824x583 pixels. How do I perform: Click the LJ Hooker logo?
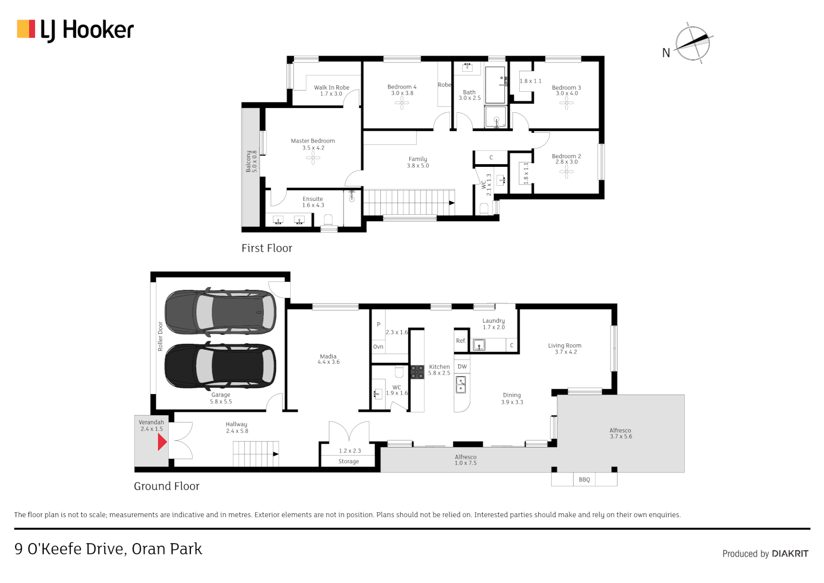pyautogui.click(x=75, y=30)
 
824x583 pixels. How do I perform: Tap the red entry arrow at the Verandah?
pyautogui.click(x=162, y=442)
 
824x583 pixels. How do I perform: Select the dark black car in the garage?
pyautogui.click(x=220, y=365)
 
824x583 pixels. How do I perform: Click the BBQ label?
pyautogui.click(x=584, y=479)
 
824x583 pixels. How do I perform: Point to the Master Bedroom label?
pyautogui.click(x=313, y=141)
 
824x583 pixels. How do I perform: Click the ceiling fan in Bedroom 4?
pyautogui.click(x=402, y=103)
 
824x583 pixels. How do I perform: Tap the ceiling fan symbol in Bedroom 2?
pyautogui.click(x=566, y=172)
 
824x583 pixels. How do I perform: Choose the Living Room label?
pyautogui.click(x=565, y=345)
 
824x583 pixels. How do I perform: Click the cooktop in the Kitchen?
pyautogui.click(x=417, y=371)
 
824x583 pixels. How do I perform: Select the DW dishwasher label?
pyautogui.click(x=462, y=367)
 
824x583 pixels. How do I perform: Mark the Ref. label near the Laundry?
pyautogui.click(x=461, y=341)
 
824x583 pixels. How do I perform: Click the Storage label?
pyautogui.click(x=348, y=462)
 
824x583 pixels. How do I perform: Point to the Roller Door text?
pyautogui.click(x=160, y=336)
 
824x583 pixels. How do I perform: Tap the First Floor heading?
pyautogui.click(x=266, y=248)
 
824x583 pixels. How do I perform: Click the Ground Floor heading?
pyautogui.click(x=167, y=486)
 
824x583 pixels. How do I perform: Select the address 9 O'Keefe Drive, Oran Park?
pyautogui.click(x=108, y=549)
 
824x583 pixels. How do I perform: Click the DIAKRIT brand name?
pyautogui.click(x=790, y=553)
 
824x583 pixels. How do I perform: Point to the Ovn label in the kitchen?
pyautogui.click(x=378, y=347)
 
